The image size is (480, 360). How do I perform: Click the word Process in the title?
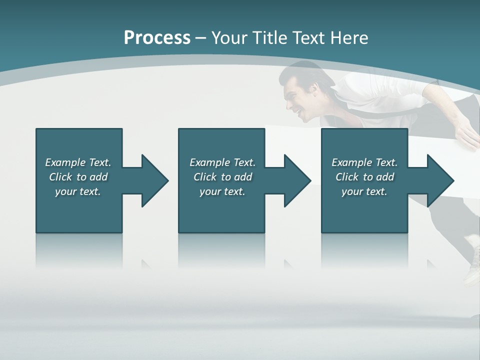(x=157, y=38)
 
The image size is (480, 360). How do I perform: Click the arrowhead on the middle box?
(x=296, y=180)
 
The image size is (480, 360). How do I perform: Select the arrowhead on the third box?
(x=439, y=180)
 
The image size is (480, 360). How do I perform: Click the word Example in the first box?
(x=65, y=162)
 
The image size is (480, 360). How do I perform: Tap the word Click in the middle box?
(x=204, y=177)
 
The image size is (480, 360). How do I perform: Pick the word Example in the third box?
(x=351, y=162)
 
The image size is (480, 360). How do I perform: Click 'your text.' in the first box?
(x=78, y=191)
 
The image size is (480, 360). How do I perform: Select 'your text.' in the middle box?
(x=222, y=191)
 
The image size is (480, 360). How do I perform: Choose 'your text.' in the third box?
(x=364, y=191)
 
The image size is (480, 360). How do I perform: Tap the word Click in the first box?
(x=60, y=177)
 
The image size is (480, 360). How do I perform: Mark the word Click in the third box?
(x=347, y=177)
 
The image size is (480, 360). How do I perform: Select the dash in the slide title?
(x=200, y=38)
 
